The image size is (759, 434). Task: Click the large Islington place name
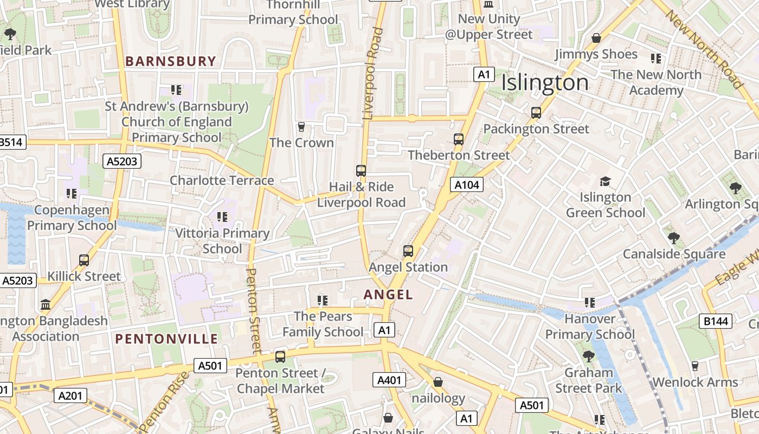545,83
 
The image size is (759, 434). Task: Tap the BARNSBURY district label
171,61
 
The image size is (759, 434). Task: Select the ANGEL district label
388,295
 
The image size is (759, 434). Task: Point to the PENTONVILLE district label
166,340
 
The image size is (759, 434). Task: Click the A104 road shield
466,185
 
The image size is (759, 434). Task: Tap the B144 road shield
716,321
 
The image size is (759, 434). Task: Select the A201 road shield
70,396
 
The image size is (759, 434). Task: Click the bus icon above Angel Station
408,251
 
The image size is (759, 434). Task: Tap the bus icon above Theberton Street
459,139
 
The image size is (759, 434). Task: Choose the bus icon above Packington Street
536,113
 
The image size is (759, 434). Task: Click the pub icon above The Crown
302,127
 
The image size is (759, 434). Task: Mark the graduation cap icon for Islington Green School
605,181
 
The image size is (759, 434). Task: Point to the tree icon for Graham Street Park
588,356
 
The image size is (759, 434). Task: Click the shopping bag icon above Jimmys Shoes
596,38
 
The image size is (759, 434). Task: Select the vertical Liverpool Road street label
372,73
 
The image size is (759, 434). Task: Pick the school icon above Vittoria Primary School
222,217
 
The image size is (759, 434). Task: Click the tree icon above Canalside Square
674,238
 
